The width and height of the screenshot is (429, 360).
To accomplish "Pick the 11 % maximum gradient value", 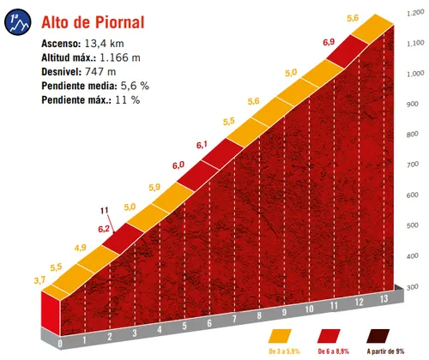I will click(x=128, y=99).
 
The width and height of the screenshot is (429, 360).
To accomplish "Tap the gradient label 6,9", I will click(x=329, y=42).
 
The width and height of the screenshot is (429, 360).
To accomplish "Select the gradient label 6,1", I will click(x=202, y=144).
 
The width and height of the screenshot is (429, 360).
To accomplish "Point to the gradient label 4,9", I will click(x=80, y=248).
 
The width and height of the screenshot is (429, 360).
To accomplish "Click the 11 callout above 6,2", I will click(x=105, y=210).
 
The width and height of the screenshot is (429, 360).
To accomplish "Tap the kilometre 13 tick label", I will click(x=383, y=297).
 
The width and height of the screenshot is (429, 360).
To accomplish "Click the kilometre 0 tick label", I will click(x=60, y=345).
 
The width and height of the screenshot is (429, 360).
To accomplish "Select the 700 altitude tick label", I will click(x=414, y=165).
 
